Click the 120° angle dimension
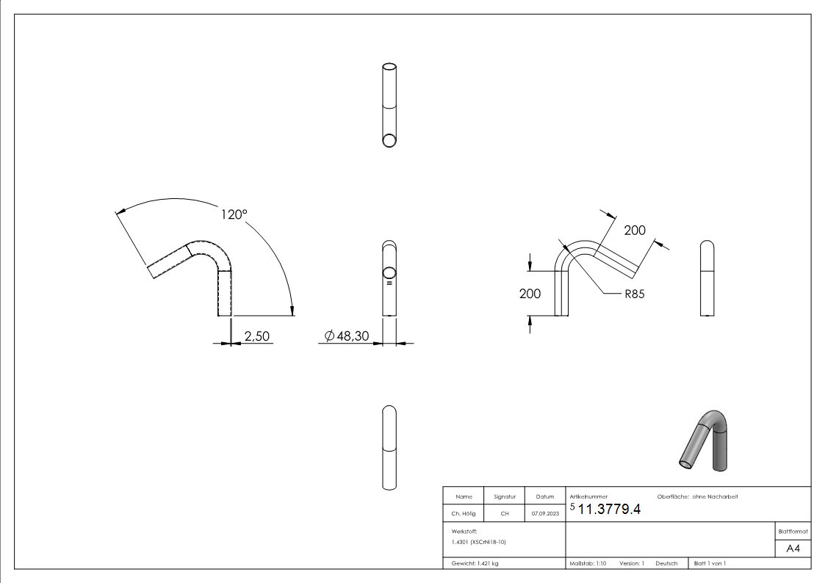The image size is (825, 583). (234, 215)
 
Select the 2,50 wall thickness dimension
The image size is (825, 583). (258, 336)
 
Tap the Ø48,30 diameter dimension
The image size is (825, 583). (346, 336)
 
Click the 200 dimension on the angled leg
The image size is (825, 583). (634, 230)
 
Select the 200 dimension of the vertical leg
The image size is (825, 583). (530, 294)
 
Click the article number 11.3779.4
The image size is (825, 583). (609, 510)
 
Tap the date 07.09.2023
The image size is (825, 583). (544, 514)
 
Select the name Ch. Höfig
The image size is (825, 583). (464, 514)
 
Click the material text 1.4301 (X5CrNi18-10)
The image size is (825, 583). (478, 542)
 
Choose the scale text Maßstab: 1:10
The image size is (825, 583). (588, 563)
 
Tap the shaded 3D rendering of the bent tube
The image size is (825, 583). (705, 438)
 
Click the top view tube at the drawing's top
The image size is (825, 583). (390, 106)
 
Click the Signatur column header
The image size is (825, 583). (504, 497)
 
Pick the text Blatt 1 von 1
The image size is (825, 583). (710, 563)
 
